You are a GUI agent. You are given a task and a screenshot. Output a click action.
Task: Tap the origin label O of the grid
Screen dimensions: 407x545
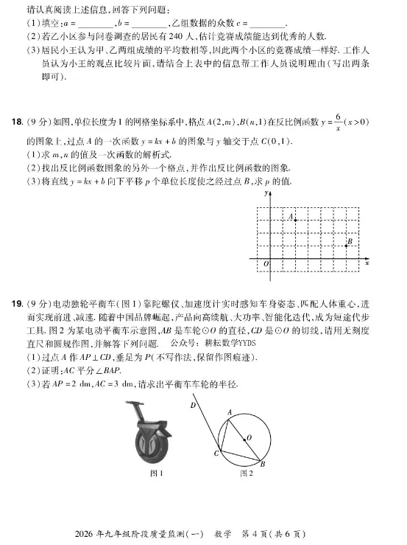click(x=266, y=264)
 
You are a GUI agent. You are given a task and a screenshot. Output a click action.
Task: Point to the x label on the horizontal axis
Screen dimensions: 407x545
click(x=367, y=263)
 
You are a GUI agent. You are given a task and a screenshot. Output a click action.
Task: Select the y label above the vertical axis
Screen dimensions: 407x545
click(x=263, y=192)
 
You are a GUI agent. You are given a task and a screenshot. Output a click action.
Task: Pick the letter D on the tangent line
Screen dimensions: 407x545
click(x=193, y=405)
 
